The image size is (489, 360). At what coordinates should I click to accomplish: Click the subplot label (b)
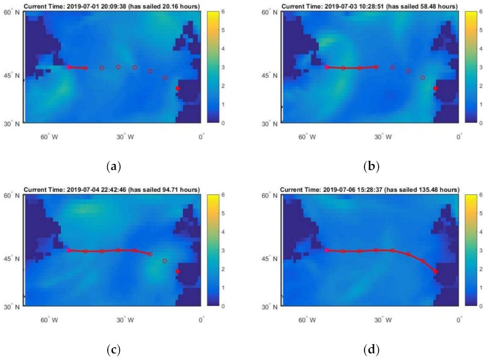371,167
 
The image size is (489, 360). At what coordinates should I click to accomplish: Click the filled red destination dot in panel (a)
178,88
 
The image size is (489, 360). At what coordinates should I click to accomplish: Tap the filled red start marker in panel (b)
327,67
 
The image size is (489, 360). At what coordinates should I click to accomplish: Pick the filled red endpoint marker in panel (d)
435,271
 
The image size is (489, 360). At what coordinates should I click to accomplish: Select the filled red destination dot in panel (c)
178,271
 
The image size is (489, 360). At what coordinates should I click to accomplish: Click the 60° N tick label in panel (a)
12,13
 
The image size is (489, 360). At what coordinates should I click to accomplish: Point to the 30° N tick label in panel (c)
12,306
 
